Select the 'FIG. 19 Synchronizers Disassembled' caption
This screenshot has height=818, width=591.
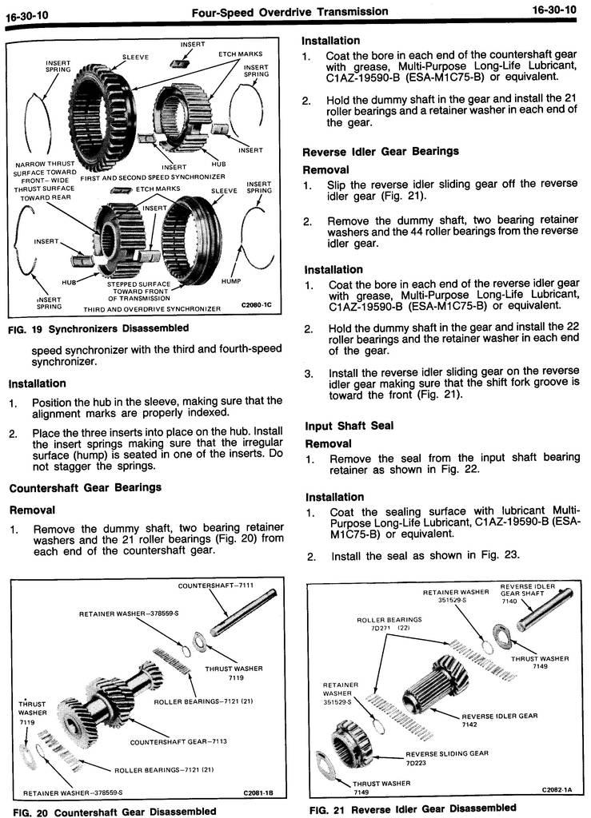tap(98, 328)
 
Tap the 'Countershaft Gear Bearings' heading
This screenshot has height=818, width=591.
tap(85, 487)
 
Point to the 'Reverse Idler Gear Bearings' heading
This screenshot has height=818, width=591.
tap(380, 151)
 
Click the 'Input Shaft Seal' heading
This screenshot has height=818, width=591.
tap(349, 426)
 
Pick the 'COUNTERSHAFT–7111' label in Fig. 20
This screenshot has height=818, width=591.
tap(216, 586)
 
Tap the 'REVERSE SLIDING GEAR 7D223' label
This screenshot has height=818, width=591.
tap(446, 757)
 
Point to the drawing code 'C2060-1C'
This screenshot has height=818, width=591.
tap(256, 304)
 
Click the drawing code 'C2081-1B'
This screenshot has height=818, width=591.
tap(258, 793)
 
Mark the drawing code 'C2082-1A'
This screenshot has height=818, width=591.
tap(557, 790)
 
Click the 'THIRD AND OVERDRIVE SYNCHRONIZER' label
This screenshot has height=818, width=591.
tap(151, 309)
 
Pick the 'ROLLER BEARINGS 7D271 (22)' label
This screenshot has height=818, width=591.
tap(389, 623)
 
